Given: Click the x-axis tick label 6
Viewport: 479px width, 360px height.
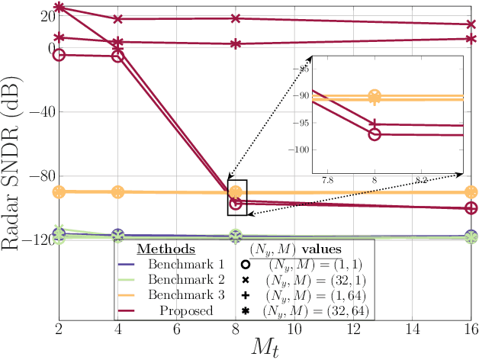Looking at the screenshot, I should (x=177, y=327).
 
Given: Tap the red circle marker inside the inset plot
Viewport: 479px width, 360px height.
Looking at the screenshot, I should (x=375, y=133).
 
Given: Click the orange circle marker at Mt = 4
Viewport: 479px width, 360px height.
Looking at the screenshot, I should (x=118, y=192).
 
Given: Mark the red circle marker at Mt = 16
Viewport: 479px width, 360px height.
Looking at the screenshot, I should (x=471, y=207).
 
